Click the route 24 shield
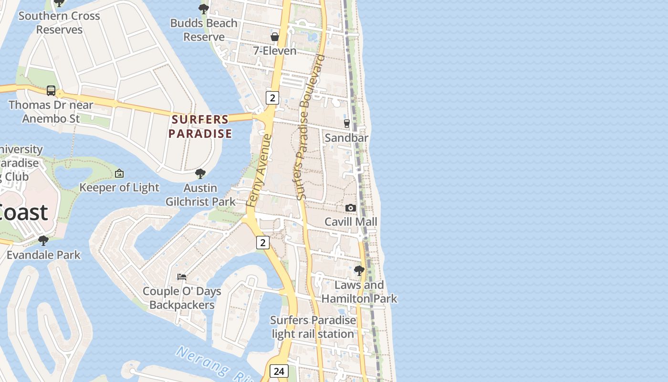pyautogui.click(x=279, y=371)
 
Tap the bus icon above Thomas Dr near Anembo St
pyautogui.click(x=51, y=90)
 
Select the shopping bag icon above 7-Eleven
pyautogui.click(x=275, y=37)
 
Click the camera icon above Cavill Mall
pyautogui.click(x=351, y=208)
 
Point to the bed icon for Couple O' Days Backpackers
pyautogui.click(x=182, y=276)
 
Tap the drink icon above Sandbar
pyautogui.click(x=347, y=124)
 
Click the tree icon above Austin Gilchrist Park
pyautogui.click(x=200, y=174)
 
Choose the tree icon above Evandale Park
pyautogui.click(x=43, y=240)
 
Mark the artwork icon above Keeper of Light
pyautogui.click(x=119, y=173)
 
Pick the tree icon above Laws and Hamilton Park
pyautogui.click(x=359, y=271)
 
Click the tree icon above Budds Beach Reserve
pyautogui.click(x=204, y=9)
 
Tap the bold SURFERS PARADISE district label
pyautogui.click(x=200, y=127)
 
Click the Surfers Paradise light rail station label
pyautogui.click(x=313, y=327)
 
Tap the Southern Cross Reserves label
pyautogui.click(x=59, y=22)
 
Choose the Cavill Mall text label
pyautogui.click(x=351, y=222)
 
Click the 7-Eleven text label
pyautogui.click(x=275, y=51)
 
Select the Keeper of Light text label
pyautogui.click(x=119, y=187)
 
